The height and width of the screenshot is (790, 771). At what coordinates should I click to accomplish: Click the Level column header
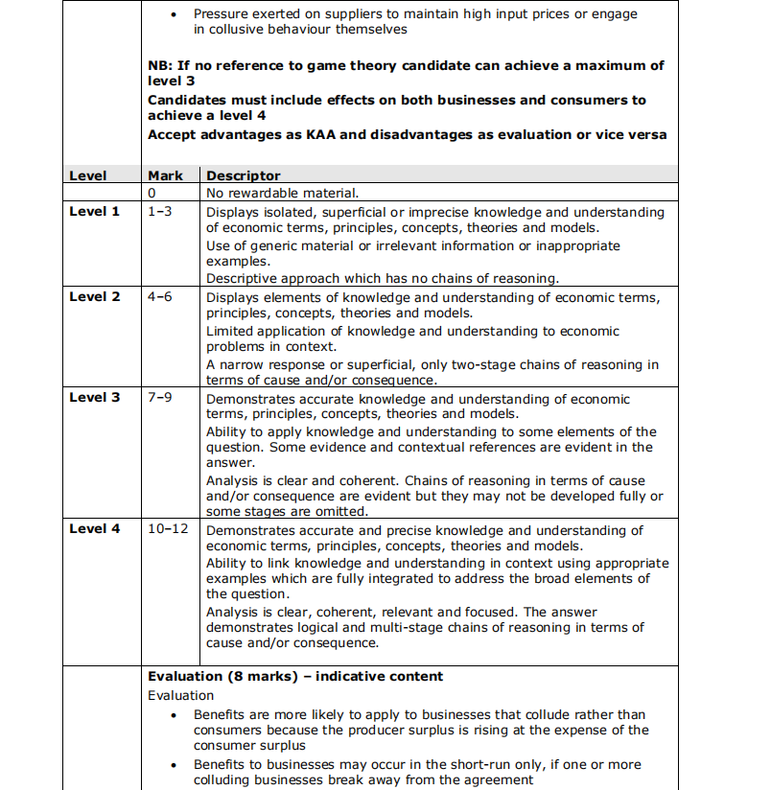click(x=87, y=176)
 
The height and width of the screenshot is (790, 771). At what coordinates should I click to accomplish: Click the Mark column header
click(x=165, y=176)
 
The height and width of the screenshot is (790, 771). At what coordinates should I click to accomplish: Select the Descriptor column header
click(x=244, y=176)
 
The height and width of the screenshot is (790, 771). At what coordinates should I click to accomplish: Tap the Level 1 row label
click(x=95, y=212)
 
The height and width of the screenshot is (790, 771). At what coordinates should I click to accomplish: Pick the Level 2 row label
click(x=95, y=297)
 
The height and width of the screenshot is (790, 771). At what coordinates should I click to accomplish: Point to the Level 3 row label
click(x=95, y=398)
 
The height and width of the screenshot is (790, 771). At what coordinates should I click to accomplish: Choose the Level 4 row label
click(x=95, y=529)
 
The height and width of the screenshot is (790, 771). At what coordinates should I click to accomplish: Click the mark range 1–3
click(x=160, y=212)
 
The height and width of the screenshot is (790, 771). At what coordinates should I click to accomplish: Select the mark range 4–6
click(x=160, y=297)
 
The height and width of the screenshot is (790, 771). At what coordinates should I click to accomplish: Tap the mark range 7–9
click(x=160, y=398)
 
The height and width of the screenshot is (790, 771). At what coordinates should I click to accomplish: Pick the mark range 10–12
click(x=168, y=529)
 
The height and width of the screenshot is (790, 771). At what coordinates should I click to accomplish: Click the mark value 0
click(x=152, y=194)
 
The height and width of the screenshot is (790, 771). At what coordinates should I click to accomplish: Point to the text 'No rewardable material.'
click(x=282, y=194)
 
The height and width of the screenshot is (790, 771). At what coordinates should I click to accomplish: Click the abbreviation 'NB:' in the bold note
click(x=160, y=66)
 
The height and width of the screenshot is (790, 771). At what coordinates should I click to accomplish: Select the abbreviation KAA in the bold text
click(x=319, y=135)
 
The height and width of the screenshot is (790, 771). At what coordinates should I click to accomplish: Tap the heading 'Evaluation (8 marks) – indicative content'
click(x=295, y=677)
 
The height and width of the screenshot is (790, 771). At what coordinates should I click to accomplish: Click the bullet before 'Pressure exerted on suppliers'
click(x=173, y=14)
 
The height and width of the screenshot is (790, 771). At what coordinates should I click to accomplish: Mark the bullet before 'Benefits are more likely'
click(x=173, y=715)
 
